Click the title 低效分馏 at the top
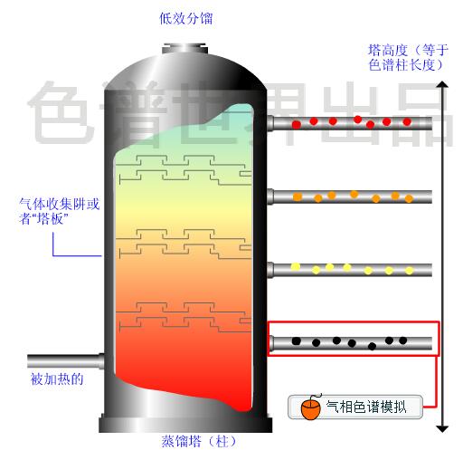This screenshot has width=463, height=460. [x=185, y=18]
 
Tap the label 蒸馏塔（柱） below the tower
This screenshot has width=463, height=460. [x=198, y=442]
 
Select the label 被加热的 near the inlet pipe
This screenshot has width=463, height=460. [x=57, y=379]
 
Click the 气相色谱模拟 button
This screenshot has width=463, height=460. [x=355, y=407]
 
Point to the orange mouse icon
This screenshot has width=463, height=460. [x=311, y=407]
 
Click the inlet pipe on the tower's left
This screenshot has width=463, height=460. [x=65, y=361]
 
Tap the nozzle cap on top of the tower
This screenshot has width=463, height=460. [x=184, y=49]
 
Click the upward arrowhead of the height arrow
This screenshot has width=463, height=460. [x=442, y=84]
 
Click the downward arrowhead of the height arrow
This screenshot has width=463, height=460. [x=442, y=428]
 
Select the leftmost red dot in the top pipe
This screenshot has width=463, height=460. [x=297, y=124]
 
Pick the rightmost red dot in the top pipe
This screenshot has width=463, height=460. [x=407, y=122]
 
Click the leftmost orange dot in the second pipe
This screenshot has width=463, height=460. [x=298, y=196]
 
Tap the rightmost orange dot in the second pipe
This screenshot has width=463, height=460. [x=409, y=198]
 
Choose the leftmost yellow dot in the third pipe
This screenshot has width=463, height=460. [x=296, y=266]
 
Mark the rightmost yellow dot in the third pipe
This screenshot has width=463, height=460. [x=409, y=271]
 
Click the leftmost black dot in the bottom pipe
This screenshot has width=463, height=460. [x=297, y=341]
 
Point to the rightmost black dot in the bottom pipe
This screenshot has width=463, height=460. [x=403, y=340]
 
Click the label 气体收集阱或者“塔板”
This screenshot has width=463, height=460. [x=60, y=211]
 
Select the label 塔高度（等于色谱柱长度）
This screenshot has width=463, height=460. [x=408, y=58]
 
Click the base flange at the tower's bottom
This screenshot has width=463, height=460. [x=185, y=424]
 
